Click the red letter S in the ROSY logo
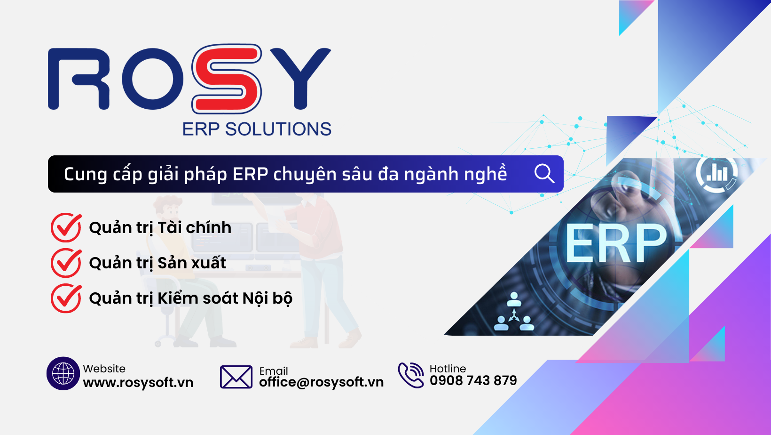227,79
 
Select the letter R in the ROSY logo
79,79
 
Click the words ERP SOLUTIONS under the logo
257,129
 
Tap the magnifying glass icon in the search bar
544,174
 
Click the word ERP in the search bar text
250,174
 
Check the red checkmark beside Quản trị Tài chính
66,227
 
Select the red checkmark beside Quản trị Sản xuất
66,263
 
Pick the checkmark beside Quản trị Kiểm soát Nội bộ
66,298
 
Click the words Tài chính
194,228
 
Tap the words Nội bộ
267,298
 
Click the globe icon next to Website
63,374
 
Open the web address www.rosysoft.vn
138,382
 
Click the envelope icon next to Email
236,377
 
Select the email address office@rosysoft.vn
321,382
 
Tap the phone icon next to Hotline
411,375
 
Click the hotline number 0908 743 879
473,380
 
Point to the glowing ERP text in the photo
616,243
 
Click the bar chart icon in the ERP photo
717,173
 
